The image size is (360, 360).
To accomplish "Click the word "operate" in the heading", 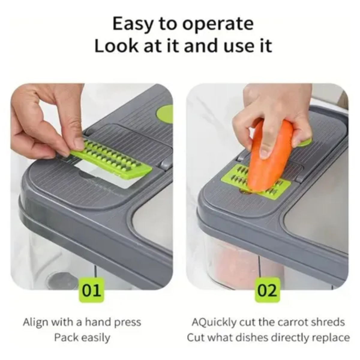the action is [x=218, y=24].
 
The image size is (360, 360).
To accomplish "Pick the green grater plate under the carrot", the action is [x=256, y=181].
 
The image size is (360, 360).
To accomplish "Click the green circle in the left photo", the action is [x=165, y=114].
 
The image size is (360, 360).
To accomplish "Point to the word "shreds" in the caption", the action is [x=329, y=322].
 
